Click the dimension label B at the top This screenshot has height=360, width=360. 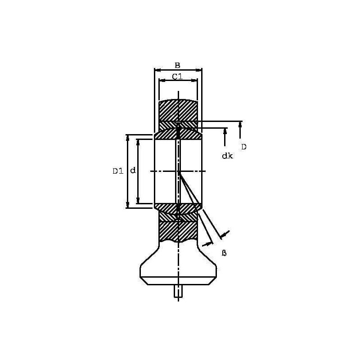click(177, 65)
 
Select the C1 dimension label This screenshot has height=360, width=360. click(177, 76)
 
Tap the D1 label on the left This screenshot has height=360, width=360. click(118, 171)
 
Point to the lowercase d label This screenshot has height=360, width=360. click(133, 171)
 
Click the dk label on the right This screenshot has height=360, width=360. click(227, 156)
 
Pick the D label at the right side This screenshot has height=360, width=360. click(243, 147)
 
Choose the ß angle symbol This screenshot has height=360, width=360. click(224, 253)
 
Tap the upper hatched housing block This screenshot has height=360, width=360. click(178, 110)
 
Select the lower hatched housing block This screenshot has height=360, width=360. click(178, 231)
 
